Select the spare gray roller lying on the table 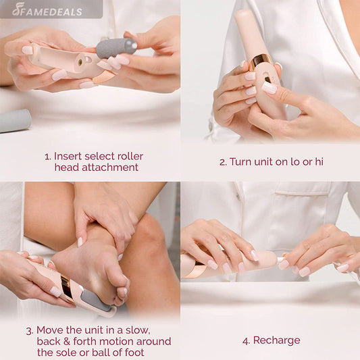15,120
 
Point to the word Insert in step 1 68,156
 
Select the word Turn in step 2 242,161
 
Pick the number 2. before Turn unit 222,161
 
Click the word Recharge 276,340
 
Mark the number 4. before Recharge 246,340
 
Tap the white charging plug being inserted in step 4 279,259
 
